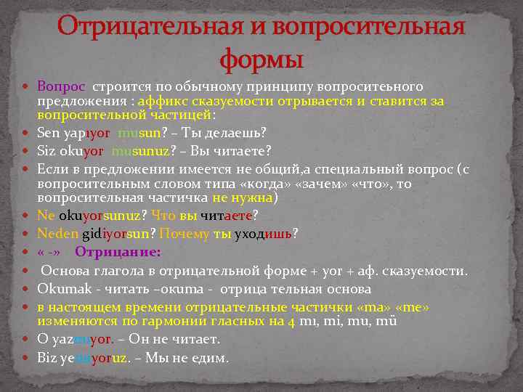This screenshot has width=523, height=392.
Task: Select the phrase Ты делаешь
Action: click(229, 133)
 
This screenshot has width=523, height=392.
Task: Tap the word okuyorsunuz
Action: click(103, 216)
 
